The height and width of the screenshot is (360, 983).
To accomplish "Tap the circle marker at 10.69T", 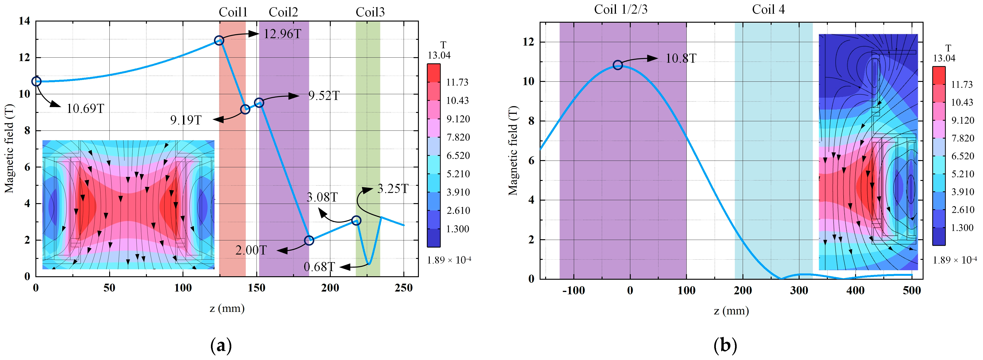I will (x=36, y=81).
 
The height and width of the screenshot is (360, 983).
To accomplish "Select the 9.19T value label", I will (x=185, y=120).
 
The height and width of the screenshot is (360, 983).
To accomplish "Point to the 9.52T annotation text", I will (x=324, y=96).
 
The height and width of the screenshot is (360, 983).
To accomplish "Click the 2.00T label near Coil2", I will (x=251, y=250).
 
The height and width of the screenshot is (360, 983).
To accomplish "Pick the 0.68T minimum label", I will (x=319, y=267).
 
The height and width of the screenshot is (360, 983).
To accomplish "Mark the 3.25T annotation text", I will (x=393, y=189).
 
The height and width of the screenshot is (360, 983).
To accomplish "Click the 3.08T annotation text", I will (x=322, y=197).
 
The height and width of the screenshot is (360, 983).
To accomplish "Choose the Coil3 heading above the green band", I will (x=370, y=12).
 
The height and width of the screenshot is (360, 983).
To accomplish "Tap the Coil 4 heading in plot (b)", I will (x=768, y=9).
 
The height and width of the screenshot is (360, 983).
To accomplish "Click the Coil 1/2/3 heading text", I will (x=621, y=9).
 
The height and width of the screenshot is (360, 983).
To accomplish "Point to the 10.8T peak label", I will (x=681, y=58).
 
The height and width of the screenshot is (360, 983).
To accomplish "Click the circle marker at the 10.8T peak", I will (x=617, y=65).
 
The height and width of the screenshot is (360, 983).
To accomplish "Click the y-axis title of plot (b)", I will (x=513, y=151).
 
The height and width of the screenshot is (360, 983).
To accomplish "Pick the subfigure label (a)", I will (x=221, y=345).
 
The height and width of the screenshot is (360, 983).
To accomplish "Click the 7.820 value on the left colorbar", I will (x=458, y=137).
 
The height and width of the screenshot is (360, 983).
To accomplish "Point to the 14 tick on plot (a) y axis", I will (x=25, y=21).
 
